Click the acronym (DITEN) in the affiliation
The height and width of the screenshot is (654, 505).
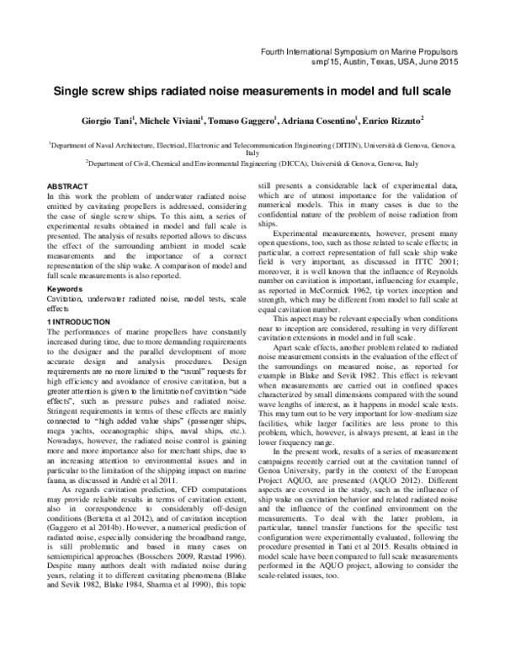(361, 146)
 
